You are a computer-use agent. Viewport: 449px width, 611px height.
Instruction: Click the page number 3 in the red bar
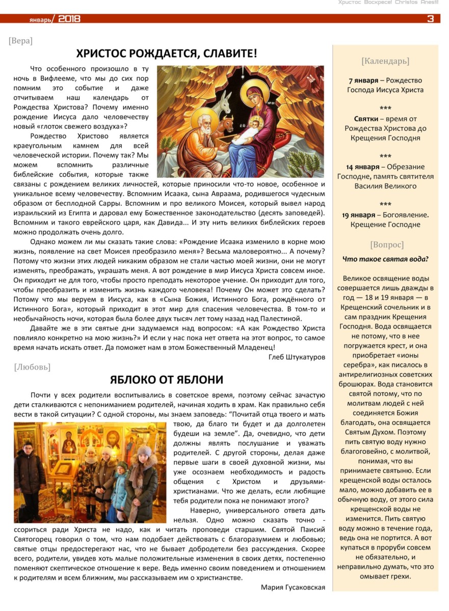tap(431, 19)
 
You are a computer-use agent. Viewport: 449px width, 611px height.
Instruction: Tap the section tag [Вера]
tap(20, 41)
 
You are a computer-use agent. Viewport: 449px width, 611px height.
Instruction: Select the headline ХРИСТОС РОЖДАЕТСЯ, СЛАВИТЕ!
tap(167, 53)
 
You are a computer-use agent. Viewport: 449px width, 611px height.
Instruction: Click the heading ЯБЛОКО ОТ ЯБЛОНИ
tap(166, 379)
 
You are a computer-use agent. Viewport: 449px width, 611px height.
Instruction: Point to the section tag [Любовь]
tap(32, 367)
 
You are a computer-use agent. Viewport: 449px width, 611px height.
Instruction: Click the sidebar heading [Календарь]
tap(385, 62)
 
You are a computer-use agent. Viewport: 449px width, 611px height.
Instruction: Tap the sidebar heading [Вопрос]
tap(386, 244)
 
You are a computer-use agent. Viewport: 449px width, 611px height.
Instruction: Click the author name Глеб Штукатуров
tap(296, 357)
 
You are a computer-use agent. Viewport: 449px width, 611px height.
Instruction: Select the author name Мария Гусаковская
tap(293, 587)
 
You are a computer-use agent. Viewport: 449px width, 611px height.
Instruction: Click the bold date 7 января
tap(363, 80)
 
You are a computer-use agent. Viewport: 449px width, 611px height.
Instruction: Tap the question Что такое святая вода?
tap(385, 259)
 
